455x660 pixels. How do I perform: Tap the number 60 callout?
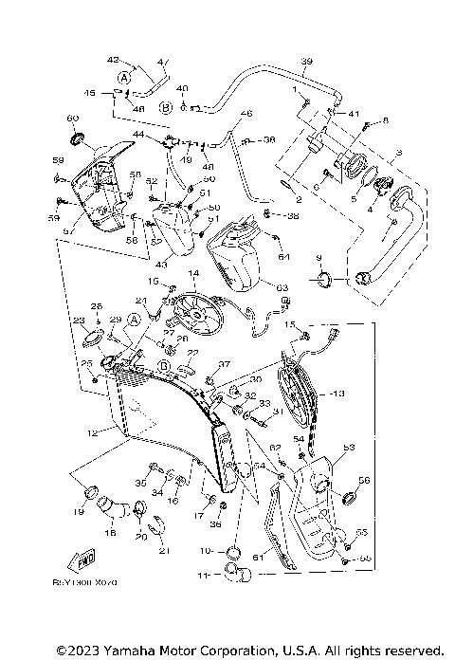[72, 119]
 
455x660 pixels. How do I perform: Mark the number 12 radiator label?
[92, 433]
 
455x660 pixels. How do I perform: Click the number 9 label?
[318, 258]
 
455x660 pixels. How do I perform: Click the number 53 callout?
[348, 446]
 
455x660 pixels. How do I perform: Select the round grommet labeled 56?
[348, 499]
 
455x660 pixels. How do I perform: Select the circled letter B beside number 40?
[166, 107]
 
